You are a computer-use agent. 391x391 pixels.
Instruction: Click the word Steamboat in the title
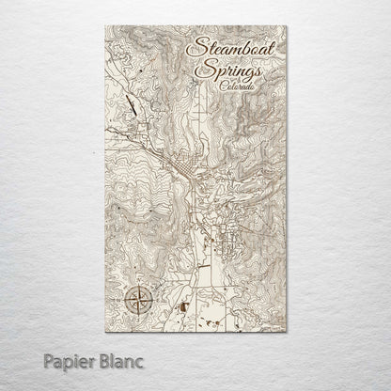(231, 46)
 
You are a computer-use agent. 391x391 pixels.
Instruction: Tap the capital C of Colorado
(217, 86)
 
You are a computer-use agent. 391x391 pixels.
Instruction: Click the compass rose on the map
(138, 302)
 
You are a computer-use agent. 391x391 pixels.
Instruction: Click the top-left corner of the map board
(106, 27)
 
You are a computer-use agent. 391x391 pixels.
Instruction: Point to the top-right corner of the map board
(287, 27)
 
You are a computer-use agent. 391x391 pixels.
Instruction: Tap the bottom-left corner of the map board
(106, 333)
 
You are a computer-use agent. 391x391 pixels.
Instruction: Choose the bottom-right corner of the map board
(287, 333)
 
